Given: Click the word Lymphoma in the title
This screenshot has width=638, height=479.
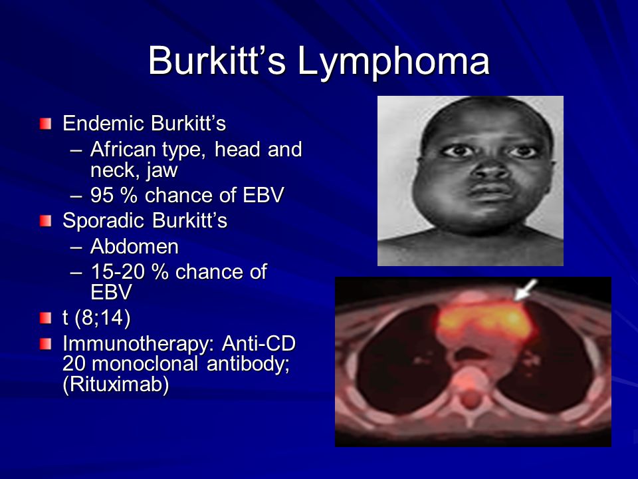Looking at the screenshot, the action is [x=393, y=61].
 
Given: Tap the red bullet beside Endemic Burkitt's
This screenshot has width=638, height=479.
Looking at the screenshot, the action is [x=46, y=124].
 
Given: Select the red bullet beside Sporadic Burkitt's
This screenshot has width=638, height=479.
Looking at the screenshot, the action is [x=46, y=221].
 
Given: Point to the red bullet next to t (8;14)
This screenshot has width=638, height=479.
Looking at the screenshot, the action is [x=46, y=318].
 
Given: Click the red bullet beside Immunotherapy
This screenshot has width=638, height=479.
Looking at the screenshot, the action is [x=46, y=344].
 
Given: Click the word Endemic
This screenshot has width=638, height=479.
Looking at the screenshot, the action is [x=103, y=124].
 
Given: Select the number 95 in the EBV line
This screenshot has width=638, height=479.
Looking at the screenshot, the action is [x=102, y=195].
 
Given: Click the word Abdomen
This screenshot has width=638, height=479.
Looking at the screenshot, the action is [x=134, y=246].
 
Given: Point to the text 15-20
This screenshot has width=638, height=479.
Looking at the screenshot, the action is [x=118, y=271].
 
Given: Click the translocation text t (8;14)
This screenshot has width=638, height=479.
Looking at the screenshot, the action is [x=96, y=318].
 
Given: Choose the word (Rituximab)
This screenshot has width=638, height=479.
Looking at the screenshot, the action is [x=116, y=385].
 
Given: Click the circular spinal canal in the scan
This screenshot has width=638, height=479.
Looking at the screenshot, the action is [x=471, y=400].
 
